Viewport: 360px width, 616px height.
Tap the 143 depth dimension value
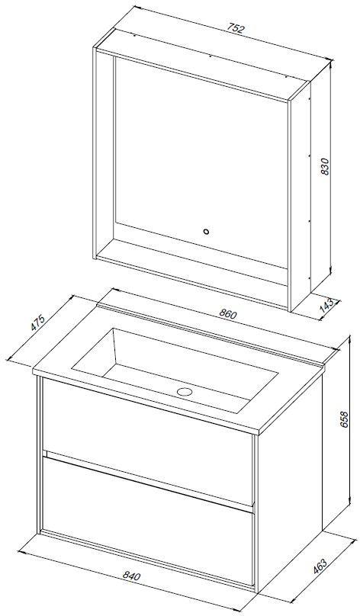(x=326, y=305)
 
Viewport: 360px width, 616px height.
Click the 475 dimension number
(x=37, y=322)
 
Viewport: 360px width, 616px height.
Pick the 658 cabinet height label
(x=344, y=419)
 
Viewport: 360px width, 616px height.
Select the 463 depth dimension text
(x=320, y=566)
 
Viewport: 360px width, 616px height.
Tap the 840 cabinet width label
(x=131, y=576)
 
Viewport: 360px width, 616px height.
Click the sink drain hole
(x=184, y=391)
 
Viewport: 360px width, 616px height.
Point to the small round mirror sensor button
(x=205, y=232)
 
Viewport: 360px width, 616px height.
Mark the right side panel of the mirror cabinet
(x=300, y=197)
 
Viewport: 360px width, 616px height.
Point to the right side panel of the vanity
(x=289, y=480)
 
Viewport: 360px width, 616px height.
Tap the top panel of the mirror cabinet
(x=202, y=64)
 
